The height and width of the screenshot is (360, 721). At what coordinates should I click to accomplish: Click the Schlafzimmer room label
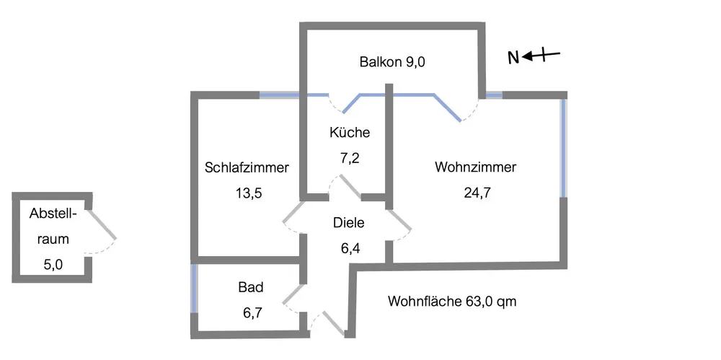pos(247,168)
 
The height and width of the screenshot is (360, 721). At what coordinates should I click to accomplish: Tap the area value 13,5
pos(247,193)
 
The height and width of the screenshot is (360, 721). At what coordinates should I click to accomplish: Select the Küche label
pos(350,133)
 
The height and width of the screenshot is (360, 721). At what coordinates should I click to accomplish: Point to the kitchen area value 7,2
pos(350,158)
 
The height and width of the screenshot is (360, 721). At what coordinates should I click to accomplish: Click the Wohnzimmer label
pos(476,168)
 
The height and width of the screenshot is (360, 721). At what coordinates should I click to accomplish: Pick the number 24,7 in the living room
pos(476,193)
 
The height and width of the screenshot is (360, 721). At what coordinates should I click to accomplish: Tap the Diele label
pos(349,223)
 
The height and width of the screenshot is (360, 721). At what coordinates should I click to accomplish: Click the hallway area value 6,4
pos(350,249)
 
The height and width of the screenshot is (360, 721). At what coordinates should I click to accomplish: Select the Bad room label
pos(251,287)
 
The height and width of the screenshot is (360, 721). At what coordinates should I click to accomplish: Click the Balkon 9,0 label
pos(393,62)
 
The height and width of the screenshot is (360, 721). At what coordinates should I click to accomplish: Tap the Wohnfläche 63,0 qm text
pos(452,301)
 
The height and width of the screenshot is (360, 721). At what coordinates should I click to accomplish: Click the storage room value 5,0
pos(53,265)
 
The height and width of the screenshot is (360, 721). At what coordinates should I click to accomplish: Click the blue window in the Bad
pos(193,289)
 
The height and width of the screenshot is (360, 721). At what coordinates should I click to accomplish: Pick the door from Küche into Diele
pos(350,185)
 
